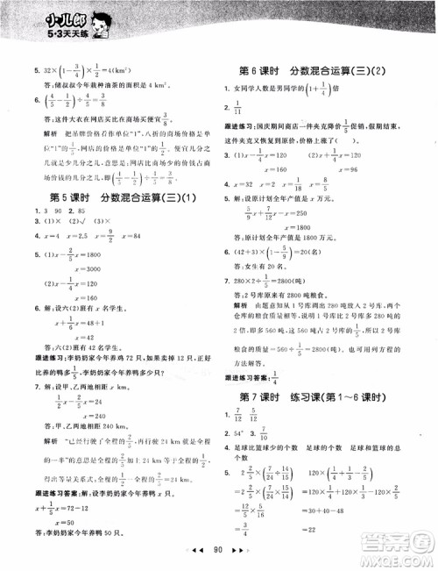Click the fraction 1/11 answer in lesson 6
249,107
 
